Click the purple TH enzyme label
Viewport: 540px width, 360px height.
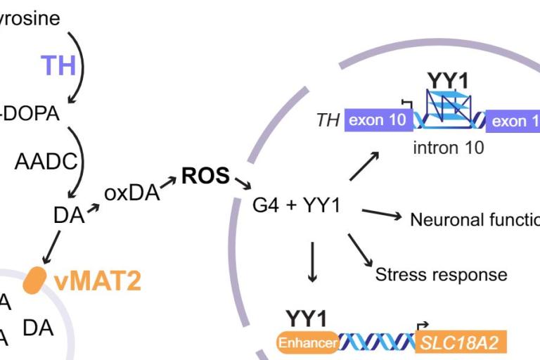click(58, 65)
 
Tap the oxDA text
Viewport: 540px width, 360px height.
click(131, 193)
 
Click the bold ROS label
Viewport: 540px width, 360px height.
click(205, 176)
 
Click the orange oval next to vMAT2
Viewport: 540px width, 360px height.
click(34, 280)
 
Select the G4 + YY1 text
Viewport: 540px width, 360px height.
click(296, 206)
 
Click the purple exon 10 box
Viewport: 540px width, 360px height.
click(377, 120)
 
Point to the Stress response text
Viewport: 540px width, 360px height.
click(441, 274)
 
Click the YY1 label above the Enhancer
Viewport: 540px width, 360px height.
click(306, 318)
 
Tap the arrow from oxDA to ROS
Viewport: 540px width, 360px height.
click(168, 183)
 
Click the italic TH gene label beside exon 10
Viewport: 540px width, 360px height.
click(328, 120)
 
